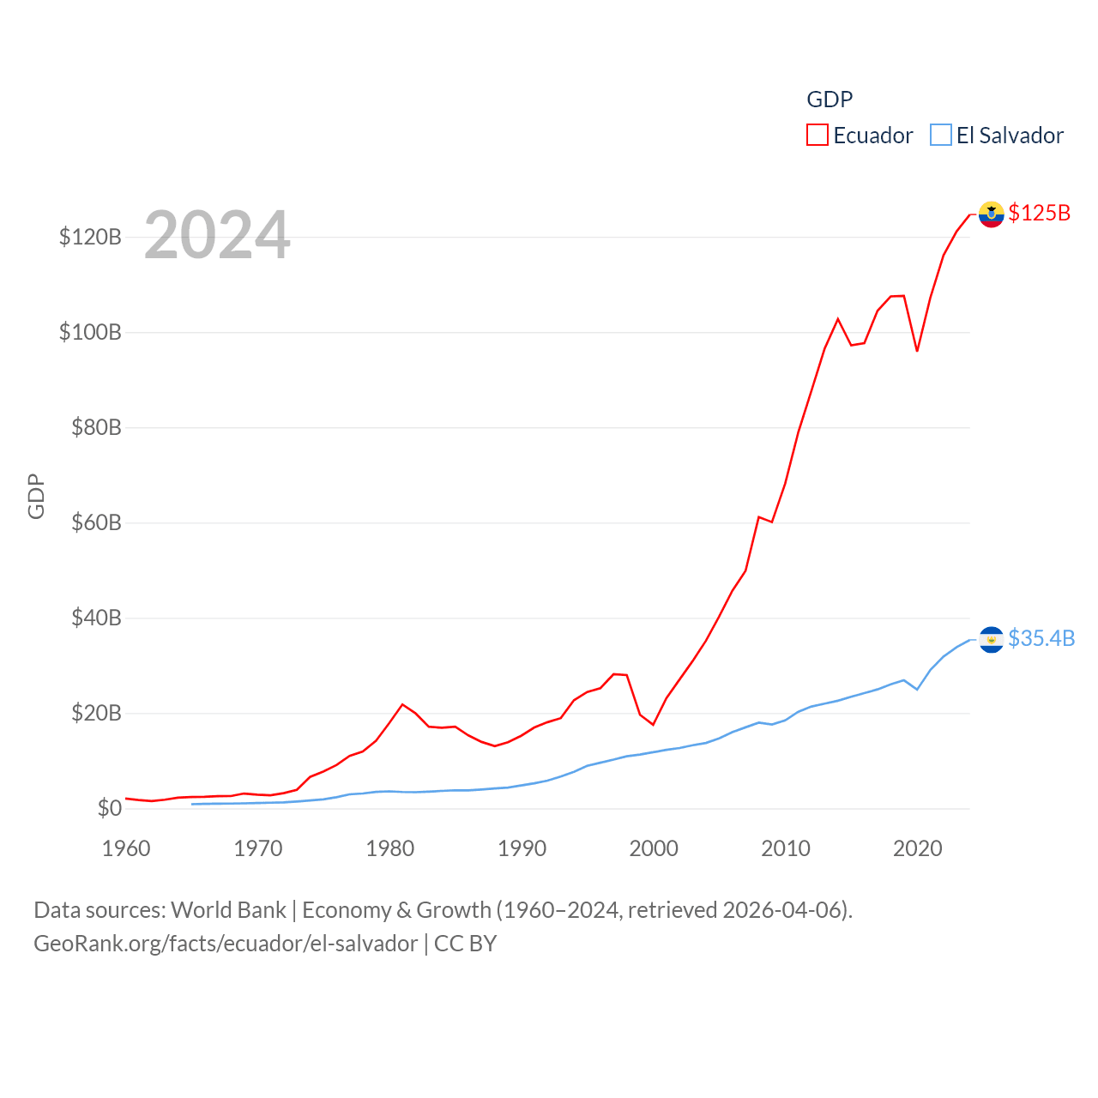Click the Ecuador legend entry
[x=860, y=136]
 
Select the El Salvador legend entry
[x=997, y=136]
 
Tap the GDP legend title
[x=830, y=100]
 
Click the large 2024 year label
[x=217, y=235]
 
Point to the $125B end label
[x=1039, y=213]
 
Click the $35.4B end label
[x=1041, y=638]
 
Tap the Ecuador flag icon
[x=991, y=214]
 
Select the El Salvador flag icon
[x=991, y=640]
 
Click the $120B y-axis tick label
[x=90, y=237]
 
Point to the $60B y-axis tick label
[x=96, y=522]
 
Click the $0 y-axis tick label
[x=109, y=808]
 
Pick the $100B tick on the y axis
[x=90, y=332]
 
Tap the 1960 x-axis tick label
[x=126, y=848]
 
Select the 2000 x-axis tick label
[x=654, y=848]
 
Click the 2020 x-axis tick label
[x=918, y=848]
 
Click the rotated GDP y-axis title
[x=36, y=496]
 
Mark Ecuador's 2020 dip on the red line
[x=917, y=350]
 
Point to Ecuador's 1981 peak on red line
[x=402, y=704]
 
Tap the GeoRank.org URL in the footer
[x=226, y=944]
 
